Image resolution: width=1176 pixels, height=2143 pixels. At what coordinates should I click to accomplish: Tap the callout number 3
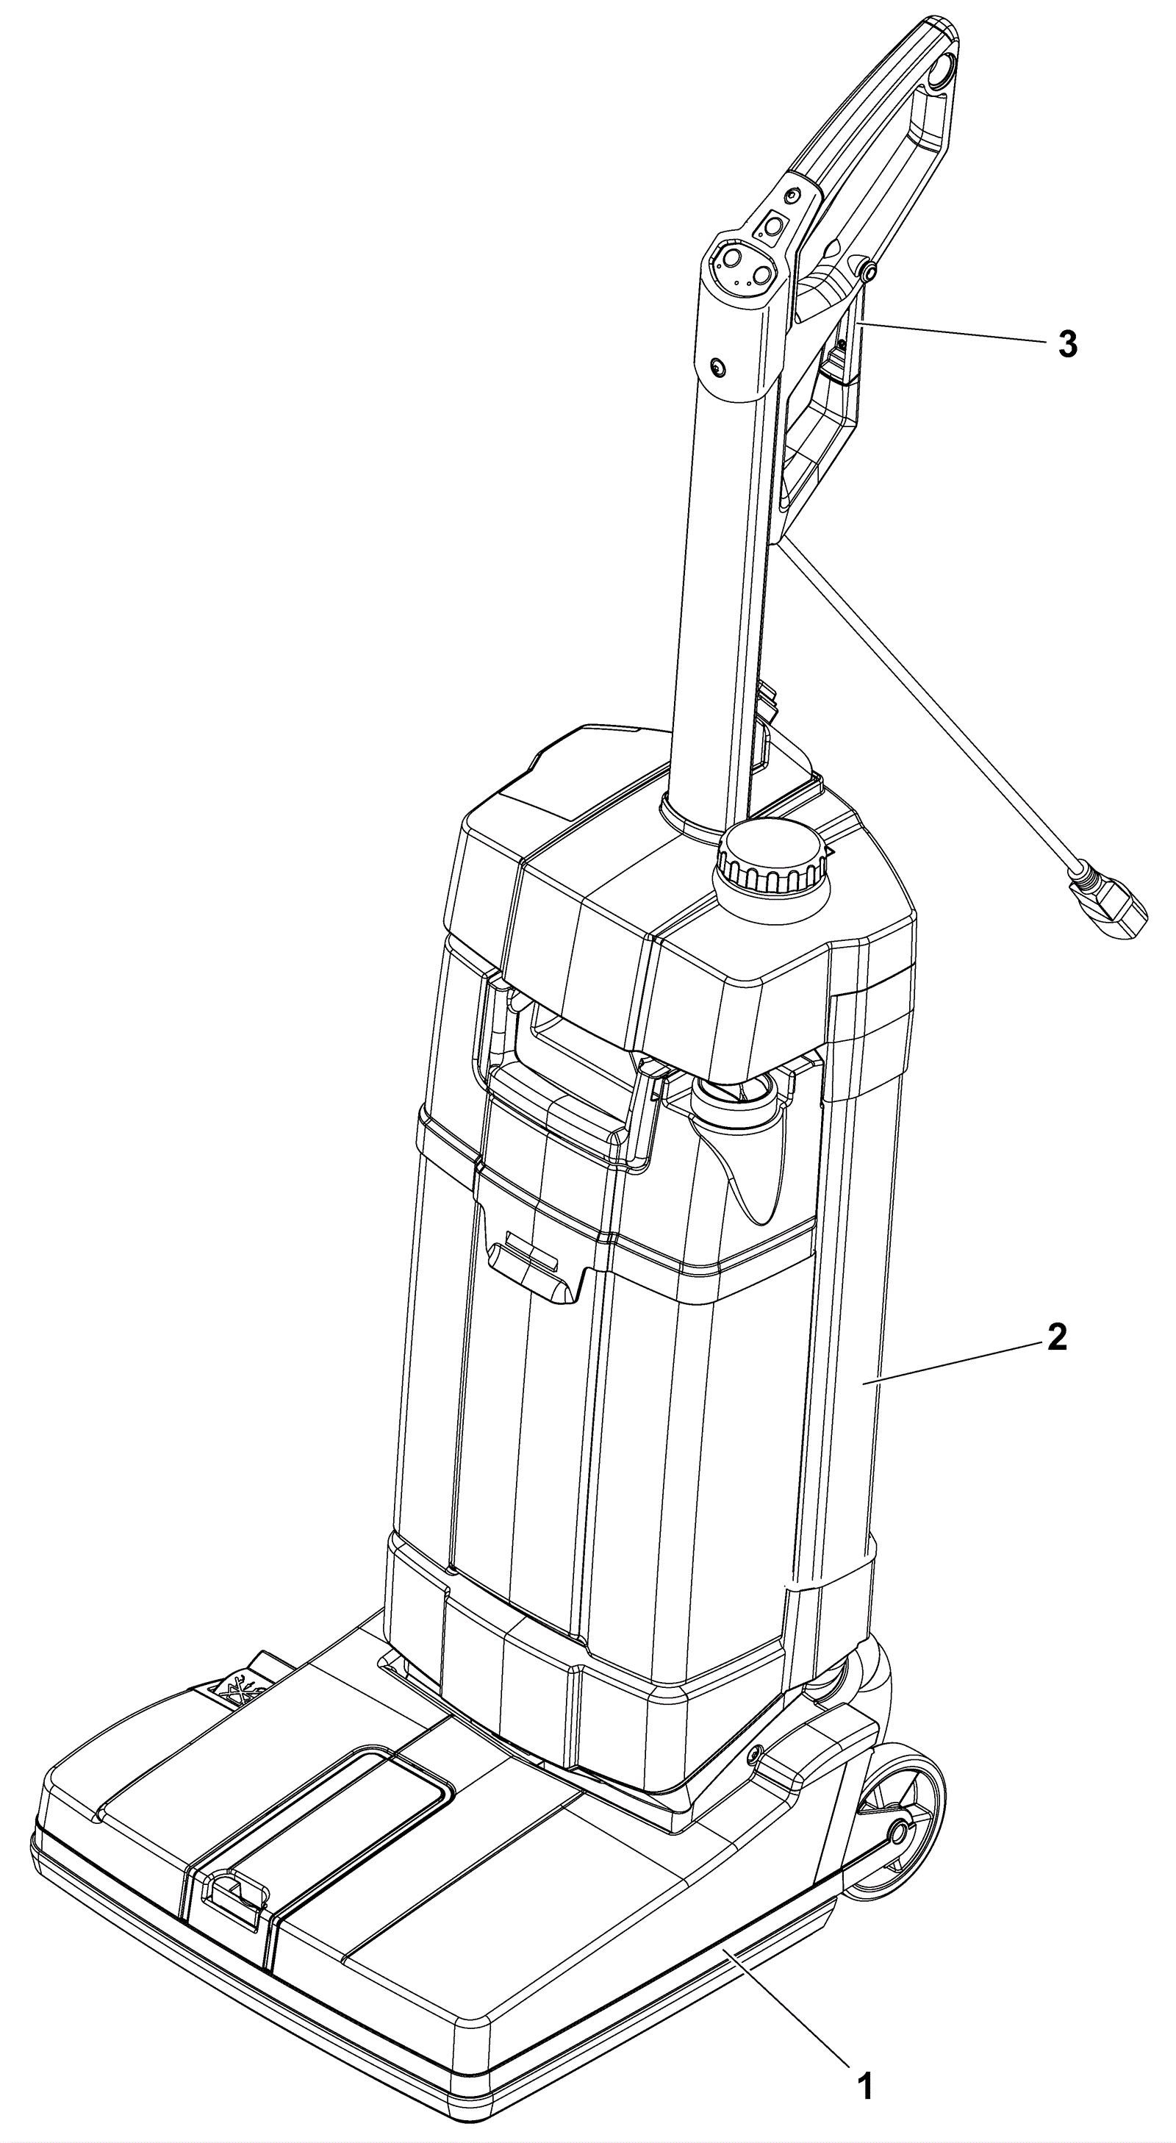pos(1067,344)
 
